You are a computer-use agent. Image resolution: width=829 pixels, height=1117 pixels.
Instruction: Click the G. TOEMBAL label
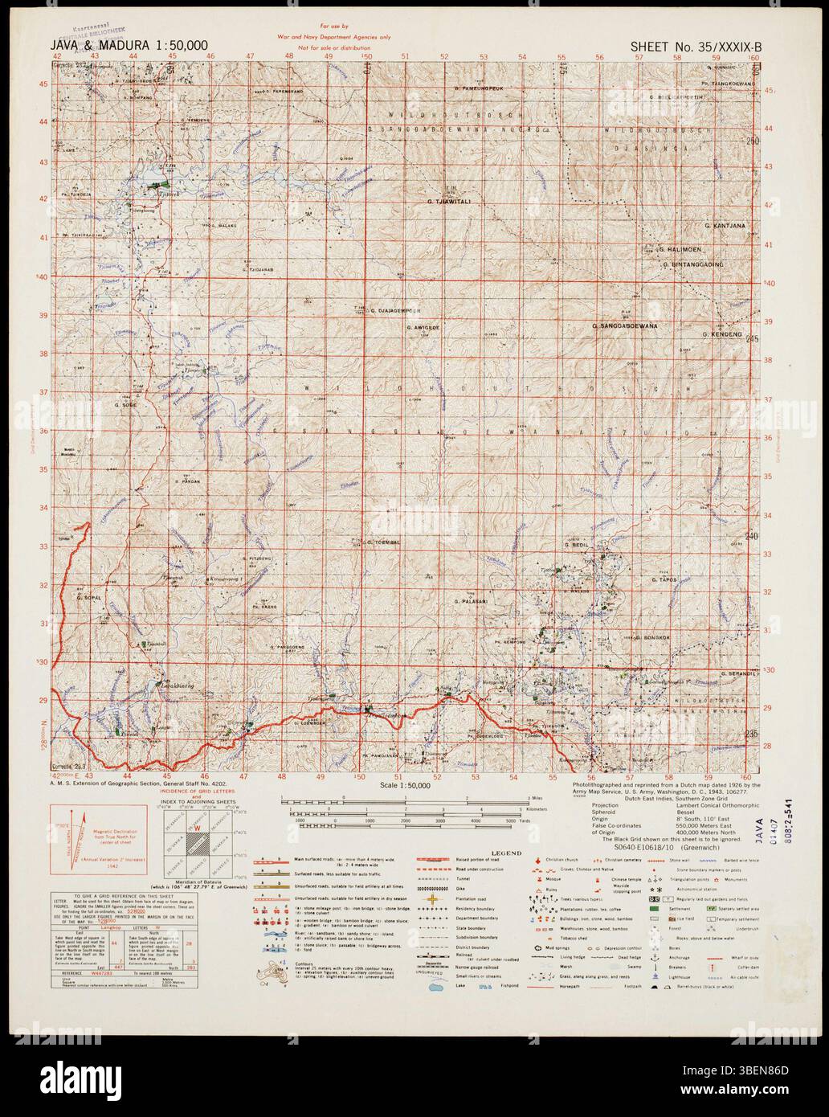(376, 543)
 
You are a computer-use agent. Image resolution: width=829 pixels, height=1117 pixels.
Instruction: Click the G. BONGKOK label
(656, 638)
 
